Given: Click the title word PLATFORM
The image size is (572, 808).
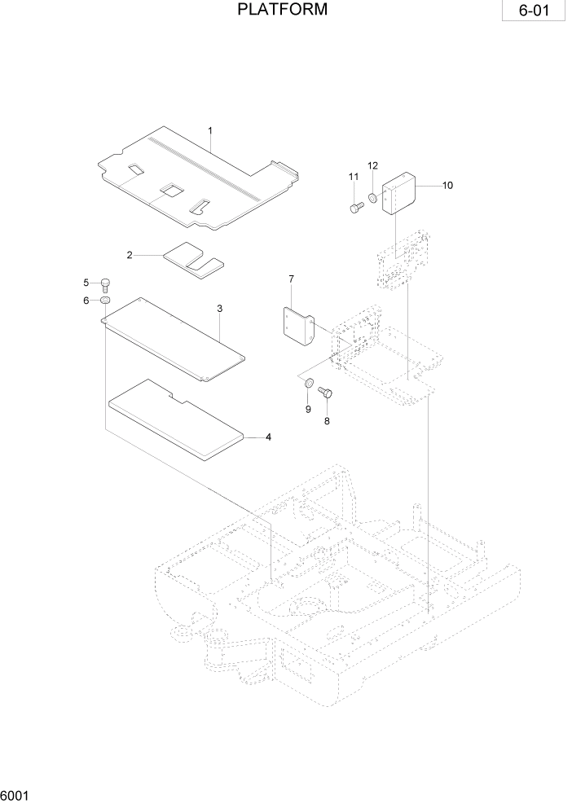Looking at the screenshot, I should coord(283,11).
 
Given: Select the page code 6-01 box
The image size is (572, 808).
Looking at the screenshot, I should coord(533,14).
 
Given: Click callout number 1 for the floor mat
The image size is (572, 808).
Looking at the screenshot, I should coord(210,130).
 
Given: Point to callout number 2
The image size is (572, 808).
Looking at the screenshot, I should coord(130,255).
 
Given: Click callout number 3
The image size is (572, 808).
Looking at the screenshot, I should coord(220,309).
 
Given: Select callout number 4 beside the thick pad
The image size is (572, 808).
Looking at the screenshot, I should coord(268,437).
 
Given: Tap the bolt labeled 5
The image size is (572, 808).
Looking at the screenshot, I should coord(105,283).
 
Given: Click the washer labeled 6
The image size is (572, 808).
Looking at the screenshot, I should coord(105,301).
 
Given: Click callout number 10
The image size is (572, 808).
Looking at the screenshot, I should coord(447,185).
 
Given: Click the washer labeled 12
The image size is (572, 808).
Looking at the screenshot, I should coord(373,197).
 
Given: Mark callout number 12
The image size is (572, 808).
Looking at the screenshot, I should coord(372,165).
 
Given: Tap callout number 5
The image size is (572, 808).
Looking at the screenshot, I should coord(86,283).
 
